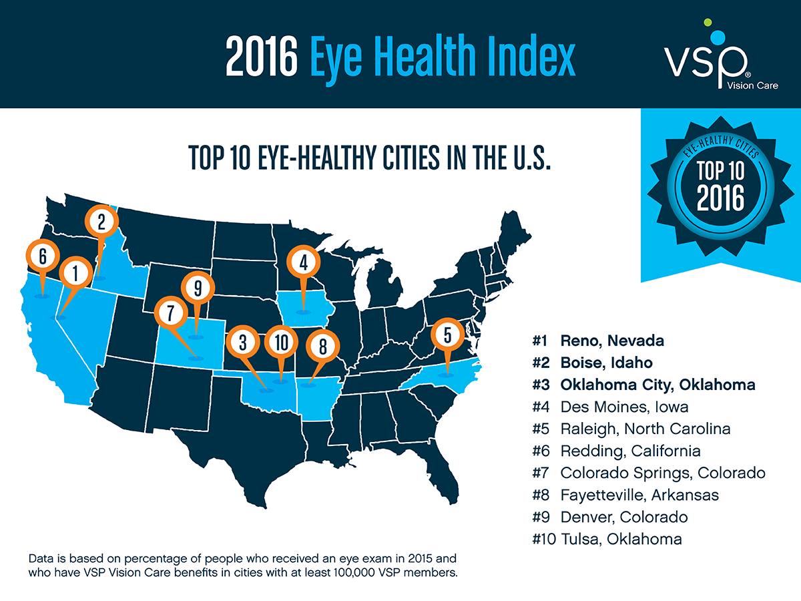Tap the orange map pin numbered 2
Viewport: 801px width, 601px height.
(101, 222)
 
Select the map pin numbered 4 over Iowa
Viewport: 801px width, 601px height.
(302, 262)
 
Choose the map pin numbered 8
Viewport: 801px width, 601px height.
(322, 347)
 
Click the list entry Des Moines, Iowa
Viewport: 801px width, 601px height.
(625, 407)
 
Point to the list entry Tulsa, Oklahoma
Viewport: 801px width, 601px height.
(621, 539)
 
